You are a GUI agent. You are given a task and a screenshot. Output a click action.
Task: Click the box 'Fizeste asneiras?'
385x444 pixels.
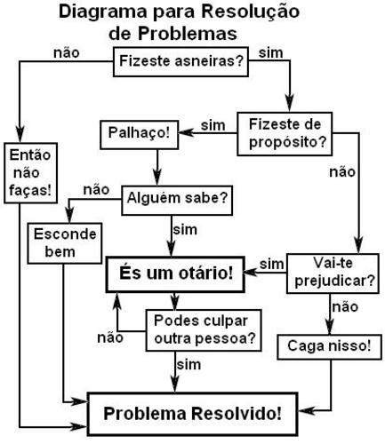pos(180,62)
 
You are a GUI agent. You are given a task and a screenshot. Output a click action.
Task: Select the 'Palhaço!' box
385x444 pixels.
pos(140,135)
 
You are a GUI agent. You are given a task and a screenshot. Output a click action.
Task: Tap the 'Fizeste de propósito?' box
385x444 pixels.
pos(285,134)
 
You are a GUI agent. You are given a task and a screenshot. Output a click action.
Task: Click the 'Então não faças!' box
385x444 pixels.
pos(30,173)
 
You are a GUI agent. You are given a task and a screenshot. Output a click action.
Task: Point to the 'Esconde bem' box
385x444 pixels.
pos(65,243)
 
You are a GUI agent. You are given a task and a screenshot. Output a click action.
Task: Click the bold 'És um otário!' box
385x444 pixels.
pos(175,274)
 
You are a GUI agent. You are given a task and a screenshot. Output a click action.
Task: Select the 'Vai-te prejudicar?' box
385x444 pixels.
pos(333,274)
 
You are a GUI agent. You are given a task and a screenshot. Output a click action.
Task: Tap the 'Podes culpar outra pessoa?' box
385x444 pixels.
pos(204,330)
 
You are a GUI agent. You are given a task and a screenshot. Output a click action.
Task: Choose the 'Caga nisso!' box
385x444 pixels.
pos(329,347)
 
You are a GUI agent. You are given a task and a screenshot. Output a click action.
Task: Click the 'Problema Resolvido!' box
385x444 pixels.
pos(192,414)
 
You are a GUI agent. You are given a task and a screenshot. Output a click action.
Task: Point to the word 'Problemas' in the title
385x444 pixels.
pos(188,34)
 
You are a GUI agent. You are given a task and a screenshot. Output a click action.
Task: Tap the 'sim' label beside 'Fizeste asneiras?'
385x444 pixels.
pos(270,53)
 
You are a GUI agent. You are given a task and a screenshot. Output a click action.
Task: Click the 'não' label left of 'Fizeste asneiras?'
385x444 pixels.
pos(67,53)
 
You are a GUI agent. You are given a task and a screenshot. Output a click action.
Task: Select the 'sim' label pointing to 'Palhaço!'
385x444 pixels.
pos(213,125)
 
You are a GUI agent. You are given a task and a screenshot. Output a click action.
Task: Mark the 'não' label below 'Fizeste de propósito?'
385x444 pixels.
pos(342,172)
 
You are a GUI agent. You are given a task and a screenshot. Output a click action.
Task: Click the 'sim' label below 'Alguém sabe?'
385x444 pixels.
pos(185,230)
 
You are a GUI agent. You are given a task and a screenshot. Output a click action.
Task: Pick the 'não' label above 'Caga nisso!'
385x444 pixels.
pos(345,307)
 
